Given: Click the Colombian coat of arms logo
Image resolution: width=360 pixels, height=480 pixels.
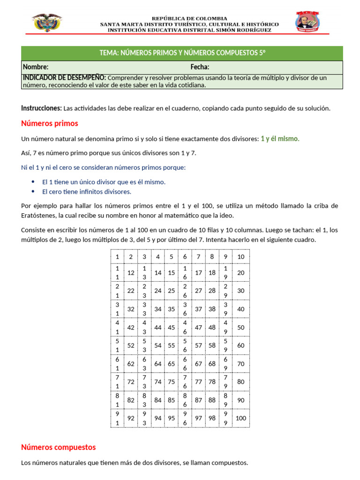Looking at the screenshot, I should [x=47, y=22].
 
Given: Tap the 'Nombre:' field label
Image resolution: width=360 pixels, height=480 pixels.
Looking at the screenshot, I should [x=36, y=67].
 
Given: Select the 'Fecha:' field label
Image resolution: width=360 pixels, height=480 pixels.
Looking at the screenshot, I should [x=200, y=67].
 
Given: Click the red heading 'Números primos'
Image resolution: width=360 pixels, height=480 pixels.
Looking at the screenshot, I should [x=50, y=124].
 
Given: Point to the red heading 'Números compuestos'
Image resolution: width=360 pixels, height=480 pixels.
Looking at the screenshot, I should [x=58, y=447].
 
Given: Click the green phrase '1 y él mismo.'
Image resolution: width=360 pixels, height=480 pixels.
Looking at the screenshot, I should [x=280, y=139].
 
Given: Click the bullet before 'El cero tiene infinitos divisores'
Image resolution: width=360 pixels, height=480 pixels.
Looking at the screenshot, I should [x=32, y=192].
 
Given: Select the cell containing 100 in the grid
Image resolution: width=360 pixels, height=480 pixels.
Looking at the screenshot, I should [x=241, y=418].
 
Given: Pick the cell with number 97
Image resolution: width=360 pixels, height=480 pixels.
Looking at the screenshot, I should [x=198, y=418].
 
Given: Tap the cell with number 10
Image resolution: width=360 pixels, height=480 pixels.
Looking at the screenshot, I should [x=241, y=256].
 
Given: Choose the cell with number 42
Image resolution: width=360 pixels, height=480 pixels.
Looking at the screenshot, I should [x=131, y=328].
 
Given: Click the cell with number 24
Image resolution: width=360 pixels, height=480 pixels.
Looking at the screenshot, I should [x=158, y=291].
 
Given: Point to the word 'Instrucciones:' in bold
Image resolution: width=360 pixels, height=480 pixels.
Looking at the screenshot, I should [x=41, y=108].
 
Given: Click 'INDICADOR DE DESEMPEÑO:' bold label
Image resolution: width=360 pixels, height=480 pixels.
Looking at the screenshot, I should [x=64, y=78].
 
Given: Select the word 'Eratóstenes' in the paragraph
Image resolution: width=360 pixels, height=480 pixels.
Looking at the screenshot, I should [x=39, y=216].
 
